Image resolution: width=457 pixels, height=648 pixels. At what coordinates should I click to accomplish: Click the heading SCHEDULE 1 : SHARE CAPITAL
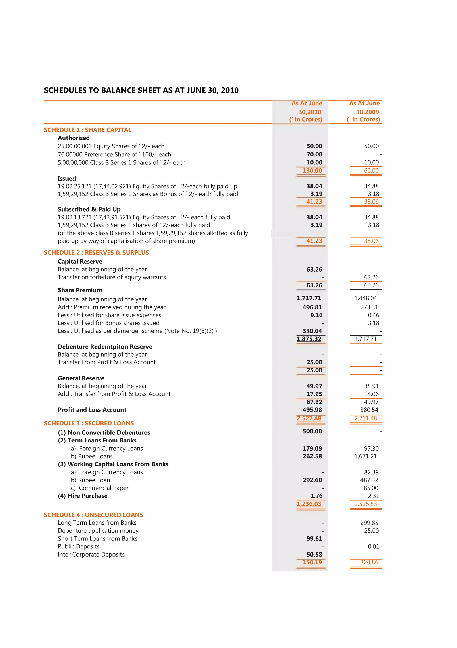pos(87,130)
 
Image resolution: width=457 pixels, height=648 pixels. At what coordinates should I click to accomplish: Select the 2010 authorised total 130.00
pos(312,170)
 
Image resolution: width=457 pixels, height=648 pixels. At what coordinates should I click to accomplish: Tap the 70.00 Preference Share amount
pos(314,154)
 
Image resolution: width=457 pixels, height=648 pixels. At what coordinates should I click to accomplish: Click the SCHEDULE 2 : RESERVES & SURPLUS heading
pos(96,253)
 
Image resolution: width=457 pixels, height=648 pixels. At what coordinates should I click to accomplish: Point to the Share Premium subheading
pos(80,290)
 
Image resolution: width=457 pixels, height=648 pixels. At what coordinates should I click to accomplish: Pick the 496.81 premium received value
pos(312,307)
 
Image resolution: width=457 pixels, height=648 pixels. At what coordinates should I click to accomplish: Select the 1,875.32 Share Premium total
pos(309,339)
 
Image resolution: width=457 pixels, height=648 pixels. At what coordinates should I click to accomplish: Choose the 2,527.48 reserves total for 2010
pos(309,418)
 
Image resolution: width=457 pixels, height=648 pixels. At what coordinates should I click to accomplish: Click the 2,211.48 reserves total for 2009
pos(366,418)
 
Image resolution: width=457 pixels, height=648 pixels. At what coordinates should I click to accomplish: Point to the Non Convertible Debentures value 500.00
pos(312,431)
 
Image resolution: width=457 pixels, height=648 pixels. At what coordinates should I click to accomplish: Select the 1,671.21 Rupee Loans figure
pos(366,456)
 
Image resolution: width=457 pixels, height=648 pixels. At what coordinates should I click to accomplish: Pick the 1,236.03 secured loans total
pos(309,504)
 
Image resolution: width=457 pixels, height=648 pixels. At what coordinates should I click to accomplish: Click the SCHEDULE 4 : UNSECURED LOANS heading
pos(93,515)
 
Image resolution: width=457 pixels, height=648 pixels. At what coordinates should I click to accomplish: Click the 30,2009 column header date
pos(367,112)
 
